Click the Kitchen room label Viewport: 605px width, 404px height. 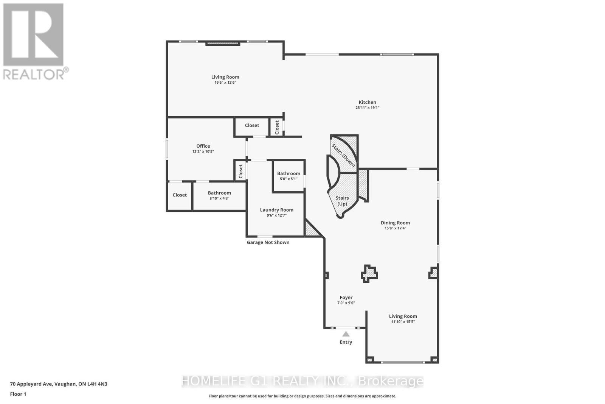(x=367, y=102)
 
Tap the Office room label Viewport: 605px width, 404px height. (x=203, y=146)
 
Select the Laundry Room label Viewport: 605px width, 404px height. (x=276, y=210)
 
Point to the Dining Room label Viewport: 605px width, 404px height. (x=395, y=223)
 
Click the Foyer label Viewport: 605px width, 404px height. (x=346, y=298)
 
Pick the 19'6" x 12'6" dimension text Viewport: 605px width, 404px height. (x=225, y=83)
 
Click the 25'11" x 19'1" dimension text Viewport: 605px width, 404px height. (x=367, y=108)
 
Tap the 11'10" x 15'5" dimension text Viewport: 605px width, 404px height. (x=403, y=322)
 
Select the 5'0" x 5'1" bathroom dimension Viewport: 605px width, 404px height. (x=289, y=179)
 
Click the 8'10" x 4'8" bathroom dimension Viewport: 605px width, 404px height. (x=219, y=198)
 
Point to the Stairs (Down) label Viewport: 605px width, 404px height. (x=344, y=155)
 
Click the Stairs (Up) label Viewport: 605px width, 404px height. (x=342, y=201)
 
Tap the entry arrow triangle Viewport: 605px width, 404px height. (x=346, y=334)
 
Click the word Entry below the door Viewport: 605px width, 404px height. (x=346, y=342)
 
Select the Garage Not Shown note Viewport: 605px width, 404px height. (x=268, y=243)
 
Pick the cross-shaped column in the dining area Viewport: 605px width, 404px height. (x=369, y=274)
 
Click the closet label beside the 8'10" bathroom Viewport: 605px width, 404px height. (x=180, y=195)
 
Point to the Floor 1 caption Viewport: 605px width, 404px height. (x=18, y=394)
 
